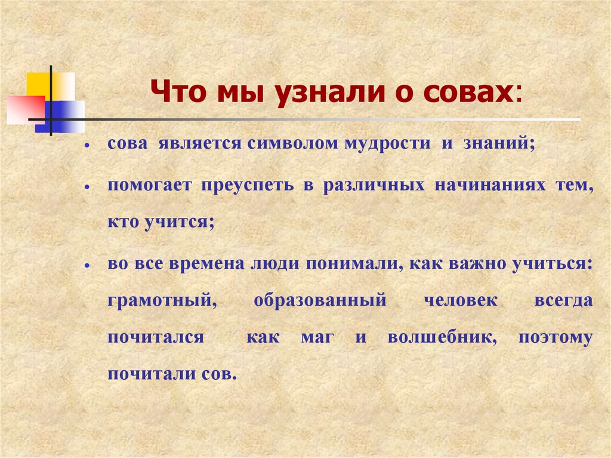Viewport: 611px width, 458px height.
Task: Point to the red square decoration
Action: (24, 109)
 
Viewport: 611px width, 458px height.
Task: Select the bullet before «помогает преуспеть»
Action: (87, 187)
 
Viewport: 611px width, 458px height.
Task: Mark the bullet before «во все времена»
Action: (87, 265)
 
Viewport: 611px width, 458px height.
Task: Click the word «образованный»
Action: (320, 300)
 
